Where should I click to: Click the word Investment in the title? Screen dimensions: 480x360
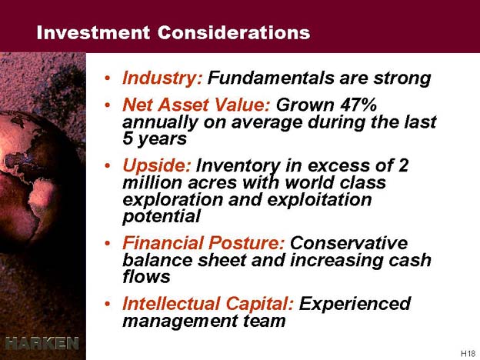coord(93,32)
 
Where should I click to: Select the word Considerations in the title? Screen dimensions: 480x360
coord(234,32)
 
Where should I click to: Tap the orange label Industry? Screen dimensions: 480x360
coord(162,78)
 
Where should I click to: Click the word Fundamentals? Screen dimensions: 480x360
coord(272,78)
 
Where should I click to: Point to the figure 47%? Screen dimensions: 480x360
coord(358,105)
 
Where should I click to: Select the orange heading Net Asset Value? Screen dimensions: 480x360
coord(196,105)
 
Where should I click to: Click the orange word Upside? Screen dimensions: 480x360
coord(157,166)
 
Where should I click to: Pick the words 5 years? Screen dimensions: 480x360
coord(155,139)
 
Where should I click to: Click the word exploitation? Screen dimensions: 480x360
coord(319,200)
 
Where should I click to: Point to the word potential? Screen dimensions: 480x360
coord(162,217)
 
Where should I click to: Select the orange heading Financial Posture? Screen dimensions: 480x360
coord(204,244)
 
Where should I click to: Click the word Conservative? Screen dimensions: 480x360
coord(349,244)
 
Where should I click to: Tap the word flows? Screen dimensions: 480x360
coord(146,276)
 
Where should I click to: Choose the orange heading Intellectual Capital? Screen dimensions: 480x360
coord(208,304)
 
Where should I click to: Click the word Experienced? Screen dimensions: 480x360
coord(355,304)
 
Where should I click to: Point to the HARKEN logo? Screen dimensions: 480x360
coord(42,343)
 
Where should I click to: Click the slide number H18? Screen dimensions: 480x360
coord(468,353)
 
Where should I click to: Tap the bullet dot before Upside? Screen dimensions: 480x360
coord(107,166)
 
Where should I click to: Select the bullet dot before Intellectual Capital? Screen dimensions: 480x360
coord(107,304)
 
